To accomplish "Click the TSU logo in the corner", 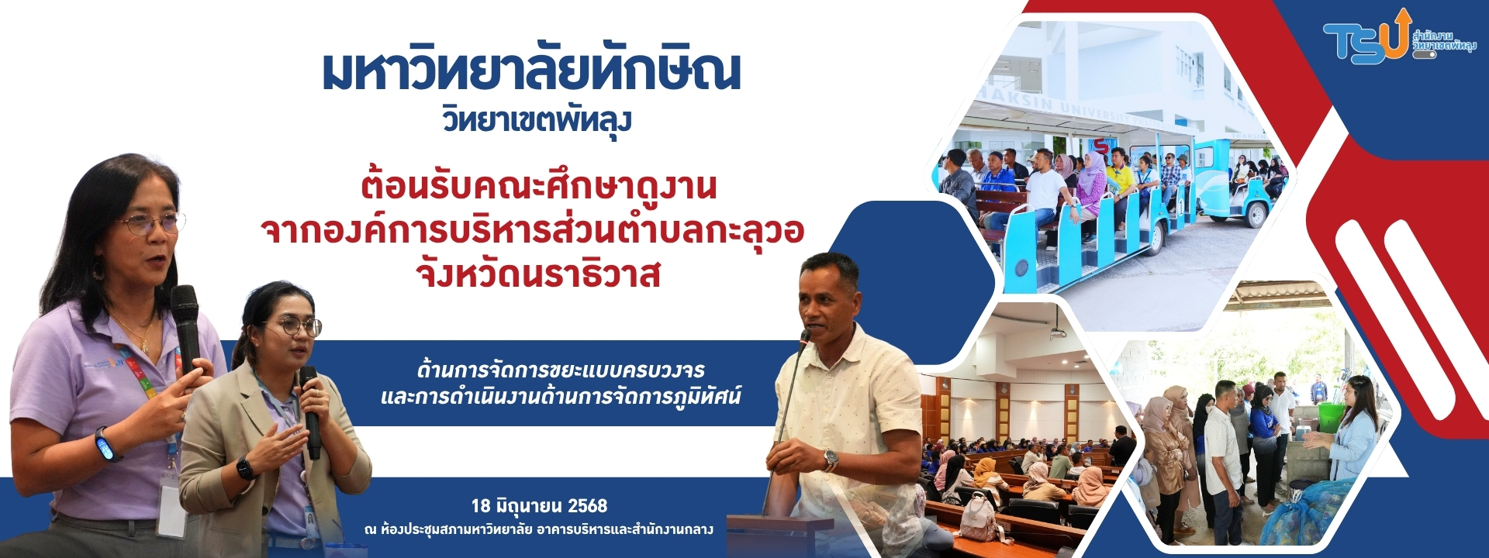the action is (x=1399, y=36).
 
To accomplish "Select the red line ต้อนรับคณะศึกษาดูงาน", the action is (x=538, y=186).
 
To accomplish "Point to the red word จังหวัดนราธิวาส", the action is (x=538, y=274).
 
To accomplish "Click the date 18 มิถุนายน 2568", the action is (x=539, y=506).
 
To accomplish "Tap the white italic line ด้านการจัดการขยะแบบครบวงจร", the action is (x=560, y=370).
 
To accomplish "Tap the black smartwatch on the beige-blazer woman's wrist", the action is (x=244, y=468).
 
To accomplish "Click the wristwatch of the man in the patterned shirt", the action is (x=831, y=460).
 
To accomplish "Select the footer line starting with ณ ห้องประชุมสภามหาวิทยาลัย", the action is (x=538, y=530).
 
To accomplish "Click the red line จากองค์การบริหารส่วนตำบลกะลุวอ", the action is (x=533, y=230).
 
